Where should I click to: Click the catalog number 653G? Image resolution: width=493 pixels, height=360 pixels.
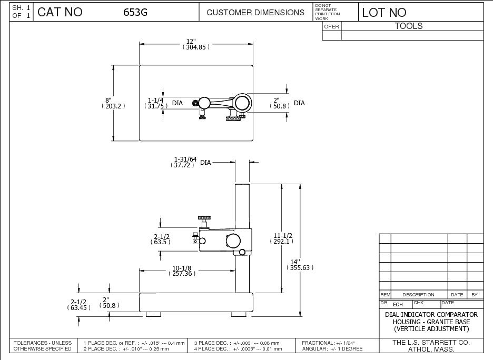coord(135,13)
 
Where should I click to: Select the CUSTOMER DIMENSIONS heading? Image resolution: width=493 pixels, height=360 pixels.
coord(255,13)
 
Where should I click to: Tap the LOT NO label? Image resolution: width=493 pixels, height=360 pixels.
coord(384,13)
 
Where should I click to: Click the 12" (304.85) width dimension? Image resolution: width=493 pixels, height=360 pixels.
coord(196,44)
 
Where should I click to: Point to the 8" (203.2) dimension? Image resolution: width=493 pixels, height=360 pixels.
coord(112,103)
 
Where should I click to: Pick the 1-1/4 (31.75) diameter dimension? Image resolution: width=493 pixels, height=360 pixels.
coord(155,103)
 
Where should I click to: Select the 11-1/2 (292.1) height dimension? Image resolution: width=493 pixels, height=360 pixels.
coord(283,238)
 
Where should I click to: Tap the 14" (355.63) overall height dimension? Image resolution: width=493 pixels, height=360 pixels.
coord(300,264)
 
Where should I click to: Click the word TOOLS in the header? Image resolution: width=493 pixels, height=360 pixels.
coord(409,26)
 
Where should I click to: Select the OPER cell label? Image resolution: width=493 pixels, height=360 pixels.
coord(331,26)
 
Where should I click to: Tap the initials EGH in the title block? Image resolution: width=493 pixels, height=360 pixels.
coord(398,304)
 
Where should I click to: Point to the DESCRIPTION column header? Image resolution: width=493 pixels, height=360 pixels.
coord(418,295)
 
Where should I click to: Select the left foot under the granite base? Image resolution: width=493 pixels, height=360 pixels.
coord(153,314)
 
